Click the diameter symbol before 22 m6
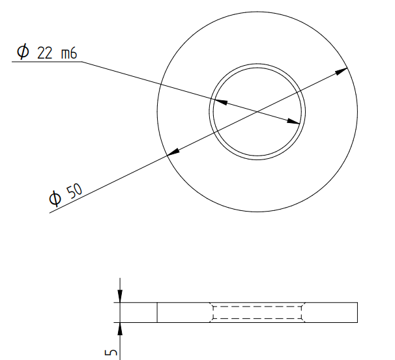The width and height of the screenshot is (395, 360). coord(23,51)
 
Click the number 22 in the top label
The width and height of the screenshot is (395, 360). coord(44,53)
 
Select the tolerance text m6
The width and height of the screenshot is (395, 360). coord(69,53)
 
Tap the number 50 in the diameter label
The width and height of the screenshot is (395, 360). coord(74,191)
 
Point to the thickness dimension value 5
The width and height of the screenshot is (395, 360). coord(111,352)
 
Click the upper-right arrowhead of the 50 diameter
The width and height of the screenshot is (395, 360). coord(342,71)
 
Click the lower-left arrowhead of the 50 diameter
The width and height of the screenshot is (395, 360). coord(173,152)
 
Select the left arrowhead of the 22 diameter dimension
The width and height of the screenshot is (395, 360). coord(221,102)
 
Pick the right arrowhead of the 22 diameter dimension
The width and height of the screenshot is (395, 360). coord(293,121)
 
